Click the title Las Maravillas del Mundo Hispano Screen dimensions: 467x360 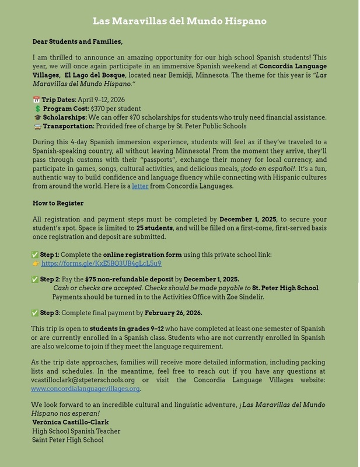180,21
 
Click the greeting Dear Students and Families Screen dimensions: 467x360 78,42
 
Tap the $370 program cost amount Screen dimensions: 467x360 99,109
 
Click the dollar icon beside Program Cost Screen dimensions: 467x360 37,109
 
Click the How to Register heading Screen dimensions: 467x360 58,203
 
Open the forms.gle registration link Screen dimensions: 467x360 101,263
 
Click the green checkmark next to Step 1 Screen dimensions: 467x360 36,255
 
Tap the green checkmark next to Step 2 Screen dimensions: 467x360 36,279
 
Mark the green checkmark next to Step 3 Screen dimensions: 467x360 36,312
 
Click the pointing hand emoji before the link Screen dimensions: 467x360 36,263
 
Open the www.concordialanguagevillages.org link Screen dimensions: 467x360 86,388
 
